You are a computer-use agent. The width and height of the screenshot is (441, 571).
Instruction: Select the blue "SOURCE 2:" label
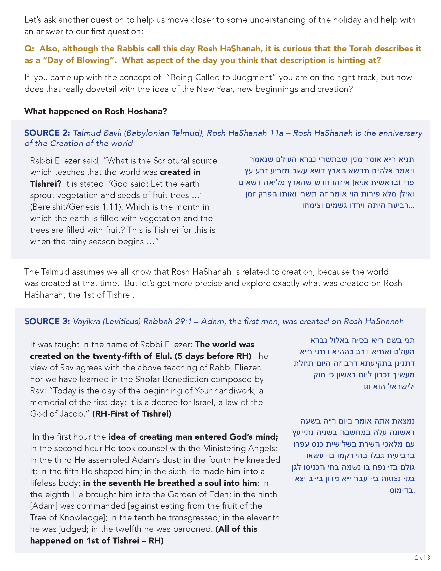[47, 133]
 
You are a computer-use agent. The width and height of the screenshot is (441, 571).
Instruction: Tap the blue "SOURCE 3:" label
[47, 321]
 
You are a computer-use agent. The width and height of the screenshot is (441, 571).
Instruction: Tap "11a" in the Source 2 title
[277, 133]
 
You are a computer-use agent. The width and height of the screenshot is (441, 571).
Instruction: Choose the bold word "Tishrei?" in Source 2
[46, 184]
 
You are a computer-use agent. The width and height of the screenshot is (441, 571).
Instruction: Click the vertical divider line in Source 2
[230, 200]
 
